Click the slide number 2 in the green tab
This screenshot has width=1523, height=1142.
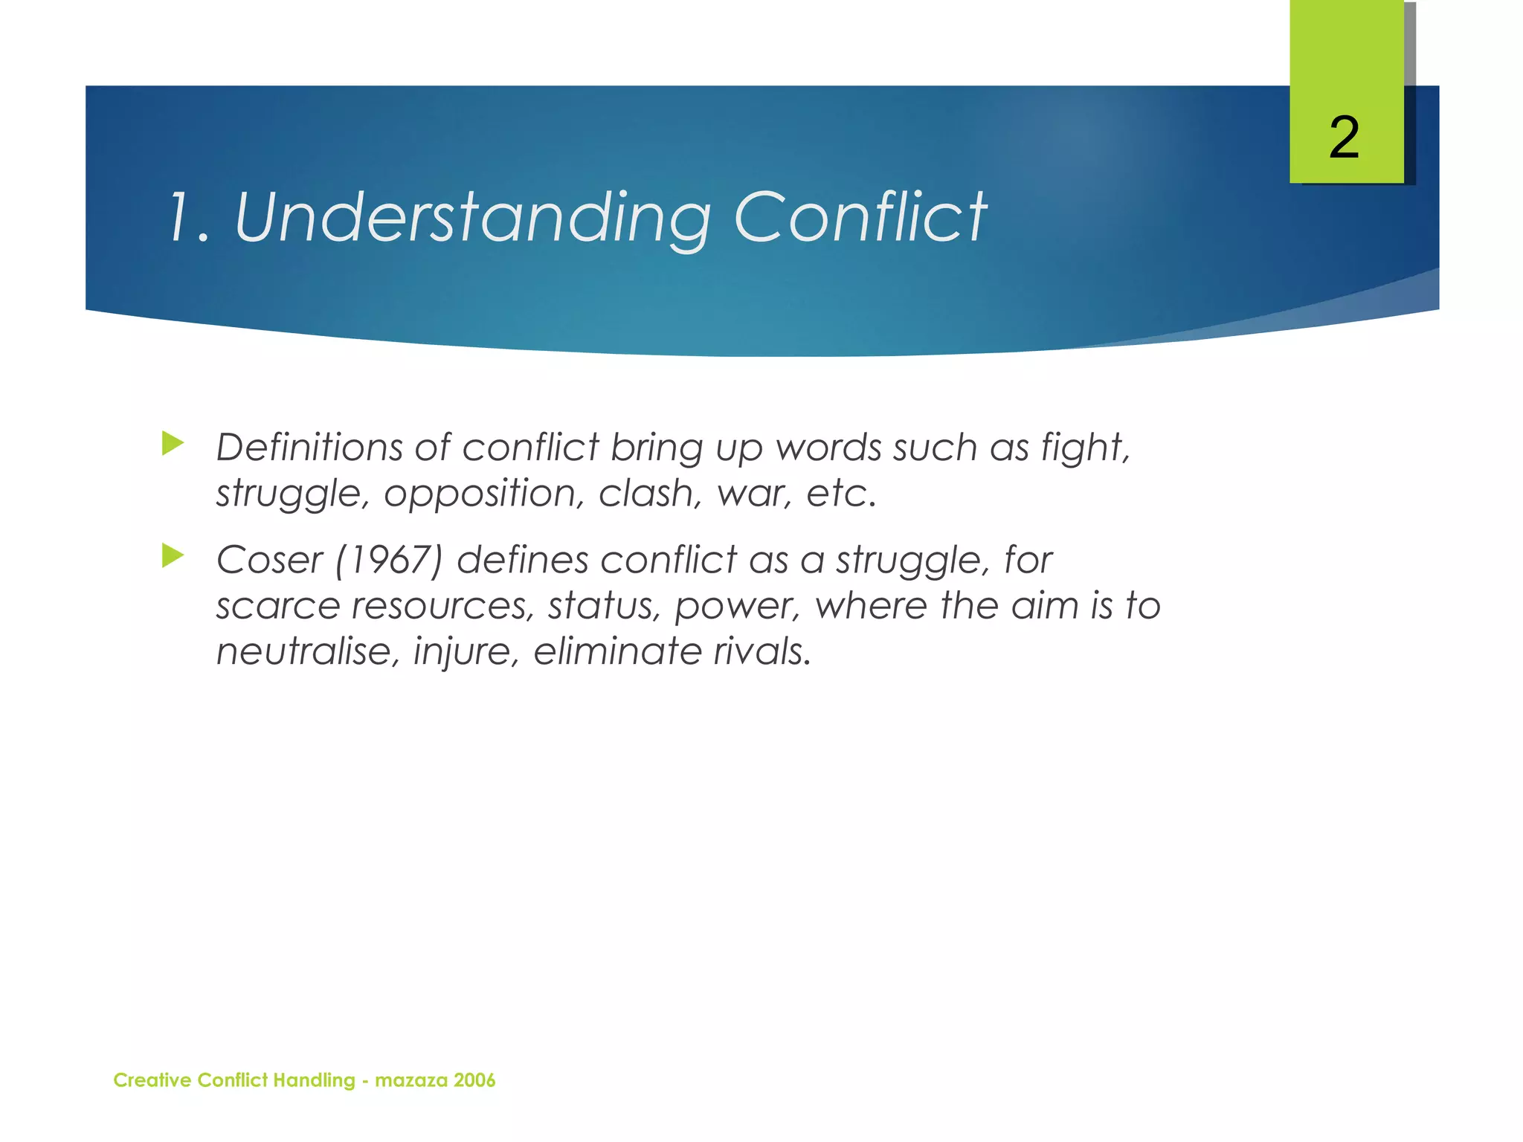[1344, 138]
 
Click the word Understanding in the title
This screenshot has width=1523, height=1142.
[472, 218]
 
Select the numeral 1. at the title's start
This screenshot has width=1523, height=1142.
[188, 218]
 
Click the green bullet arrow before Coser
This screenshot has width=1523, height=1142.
[173, 555]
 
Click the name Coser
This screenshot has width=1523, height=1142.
[269, 560]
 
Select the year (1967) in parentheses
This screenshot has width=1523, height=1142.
[389, 560]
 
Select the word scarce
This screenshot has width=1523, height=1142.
[277, 606]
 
